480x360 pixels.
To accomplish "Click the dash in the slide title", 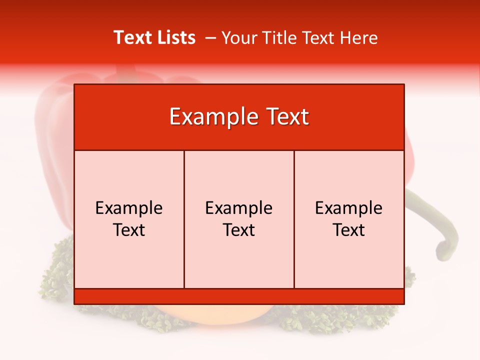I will tap(210, 37).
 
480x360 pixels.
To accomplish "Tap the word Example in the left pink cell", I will tap(129, 208).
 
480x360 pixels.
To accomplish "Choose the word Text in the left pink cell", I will tap(129, 230).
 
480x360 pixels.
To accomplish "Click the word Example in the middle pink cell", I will tap(239, 208).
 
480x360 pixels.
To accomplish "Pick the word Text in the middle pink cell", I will tap(239, 230).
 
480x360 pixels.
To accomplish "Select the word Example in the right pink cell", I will tap(349, 208).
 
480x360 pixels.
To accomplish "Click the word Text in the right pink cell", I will tap(349, 230).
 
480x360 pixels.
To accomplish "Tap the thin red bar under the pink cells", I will tap(239, 296).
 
